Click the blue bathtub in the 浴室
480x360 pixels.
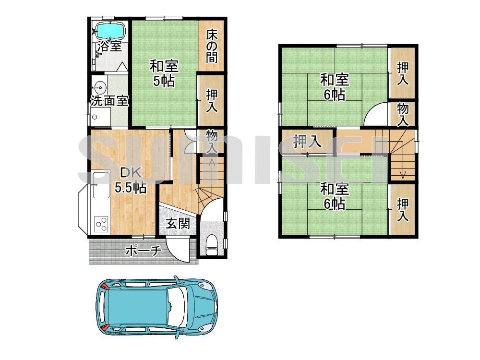pos(110,31)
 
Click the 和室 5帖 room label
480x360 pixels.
pos(164,73)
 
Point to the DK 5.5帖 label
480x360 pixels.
pos(131,180)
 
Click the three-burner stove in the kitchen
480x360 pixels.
pos(101,224)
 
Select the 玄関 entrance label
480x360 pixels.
pos(178,224)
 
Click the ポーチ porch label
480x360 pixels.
pos(143,251)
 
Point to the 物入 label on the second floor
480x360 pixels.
pos(403,115)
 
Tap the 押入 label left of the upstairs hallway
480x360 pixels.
pos(307,142)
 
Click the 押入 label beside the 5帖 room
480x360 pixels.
pos(212,101)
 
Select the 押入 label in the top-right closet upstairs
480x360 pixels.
pos(403,73)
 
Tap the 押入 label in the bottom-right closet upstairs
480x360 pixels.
pos(403,210)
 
